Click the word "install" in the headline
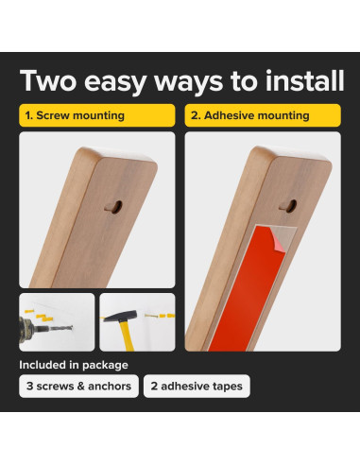(304, 80)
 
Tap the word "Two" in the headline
(48, 80)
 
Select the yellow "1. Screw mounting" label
(97, 115)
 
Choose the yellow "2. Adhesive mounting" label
(263, 115)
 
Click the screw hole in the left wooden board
(115, 207)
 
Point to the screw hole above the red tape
(289, 206)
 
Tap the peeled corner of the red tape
(276, 239)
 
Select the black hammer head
(120, 316)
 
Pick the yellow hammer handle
(128, 336)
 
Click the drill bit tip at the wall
(72, 327)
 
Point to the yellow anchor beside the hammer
(166, 316)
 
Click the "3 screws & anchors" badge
(78, 387)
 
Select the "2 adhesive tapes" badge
(197, 387)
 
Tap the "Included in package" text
(74, 365)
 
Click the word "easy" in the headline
(115, 82)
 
